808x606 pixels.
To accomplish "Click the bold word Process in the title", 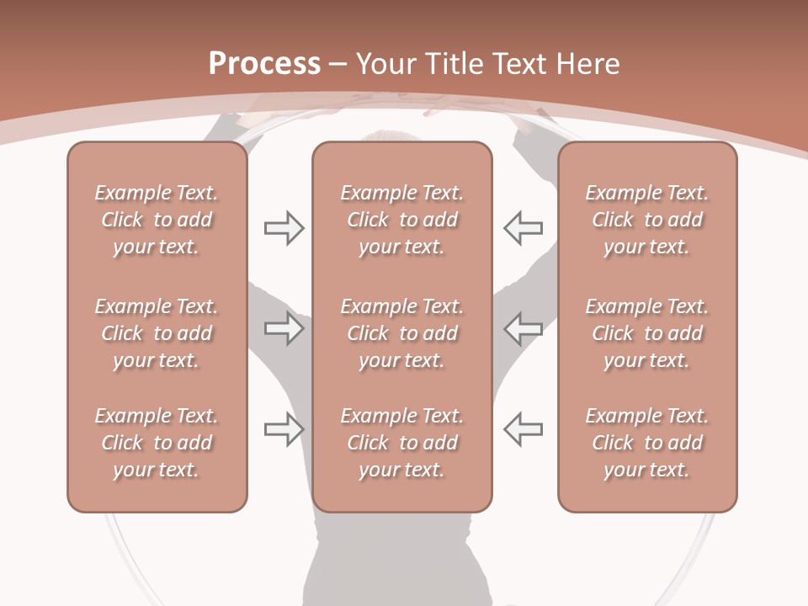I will point(264,64).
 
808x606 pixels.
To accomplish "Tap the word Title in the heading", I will point(453,64).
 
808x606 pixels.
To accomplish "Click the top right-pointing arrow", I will point(284,228).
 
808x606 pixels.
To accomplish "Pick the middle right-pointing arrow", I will point(284,328).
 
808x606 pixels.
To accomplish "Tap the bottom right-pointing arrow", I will point(284,429).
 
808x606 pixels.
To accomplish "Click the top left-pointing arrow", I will point(524,228).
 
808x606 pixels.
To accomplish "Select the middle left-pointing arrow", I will point(524,328).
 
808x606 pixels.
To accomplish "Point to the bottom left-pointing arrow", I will point(524,429).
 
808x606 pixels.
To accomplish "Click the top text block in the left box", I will point(157,220).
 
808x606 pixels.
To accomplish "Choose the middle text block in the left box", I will point(157,333).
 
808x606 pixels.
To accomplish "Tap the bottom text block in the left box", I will point(157,443).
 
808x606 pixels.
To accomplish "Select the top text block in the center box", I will point(401,220).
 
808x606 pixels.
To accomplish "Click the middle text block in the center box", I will point(401,333).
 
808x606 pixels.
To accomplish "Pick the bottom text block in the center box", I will point(401,443).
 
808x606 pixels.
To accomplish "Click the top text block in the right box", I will point(646,220).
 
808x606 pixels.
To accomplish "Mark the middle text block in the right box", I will point(646,333).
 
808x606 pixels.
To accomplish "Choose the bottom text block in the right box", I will point(646,443).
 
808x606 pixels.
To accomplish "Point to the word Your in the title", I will point(385,64).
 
